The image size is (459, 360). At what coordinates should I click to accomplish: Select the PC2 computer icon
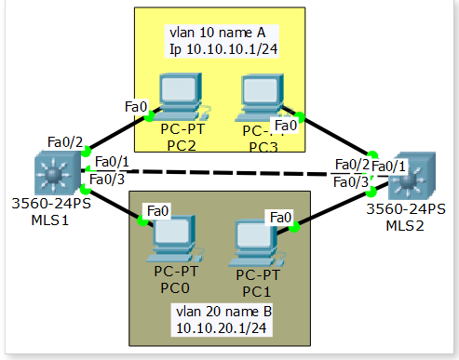(180, 98)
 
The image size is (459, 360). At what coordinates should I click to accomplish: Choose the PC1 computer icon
(257, 239)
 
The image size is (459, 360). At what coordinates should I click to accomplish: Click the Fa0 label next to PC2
(135, 107)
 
